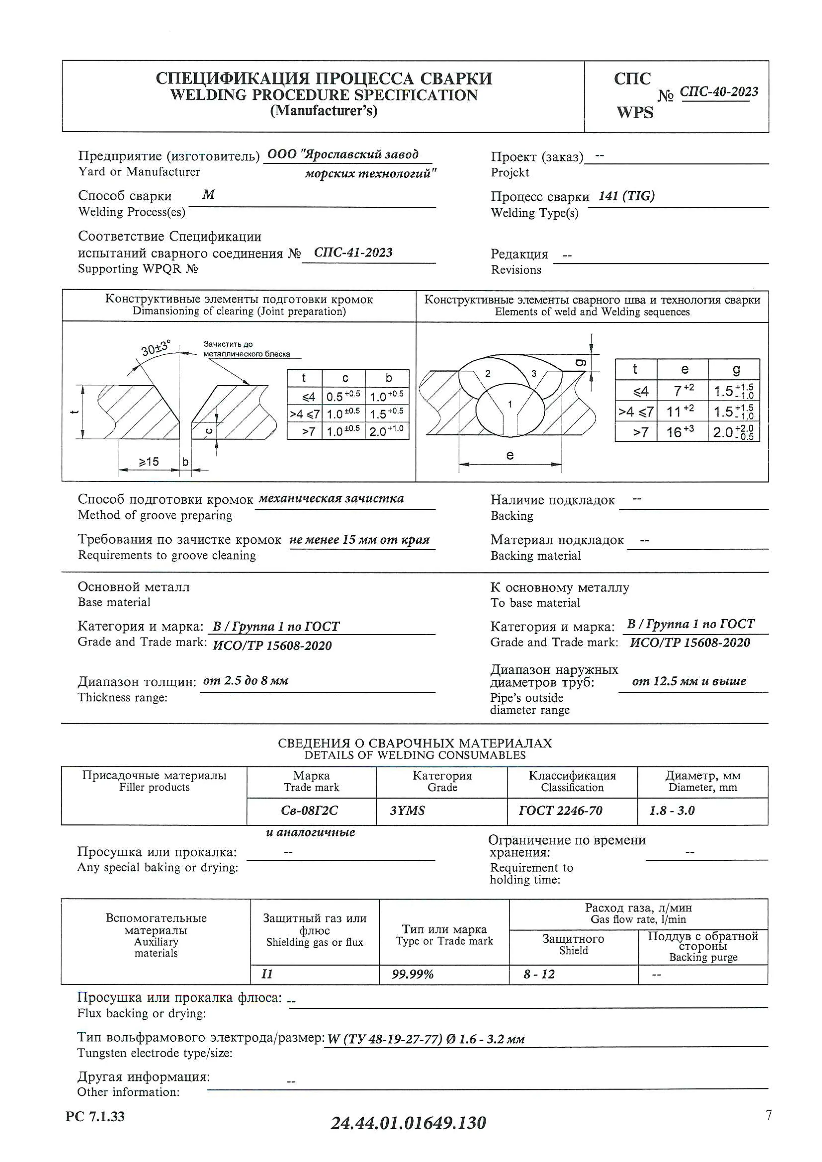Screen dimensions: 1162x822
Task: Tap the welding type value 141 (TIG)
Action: pos(626,196)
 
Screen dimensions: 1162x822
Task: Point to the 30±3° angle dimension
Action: pos(155,348)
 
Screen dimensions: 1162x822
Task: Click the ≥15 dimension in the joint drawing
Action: pos(149,462)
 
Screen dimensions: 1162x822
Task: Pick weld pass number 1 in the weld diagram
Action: pos(510,404)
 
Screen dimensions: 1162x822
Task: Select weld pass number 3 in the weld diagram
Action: pos(534,373)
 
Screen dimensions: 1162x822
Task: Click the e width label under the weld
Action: pos(510,456)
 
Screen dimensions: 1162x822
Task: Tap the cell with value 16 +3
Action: pos(681,432)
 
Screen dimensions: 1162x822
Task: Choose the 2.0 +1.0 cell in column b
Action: pos(387,431)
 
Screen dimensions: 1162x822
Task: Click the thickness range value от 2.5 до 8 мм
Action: pos(246,681)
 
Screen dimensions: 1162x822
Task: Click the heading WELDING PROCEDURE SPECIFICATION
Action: pos(323,95)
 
